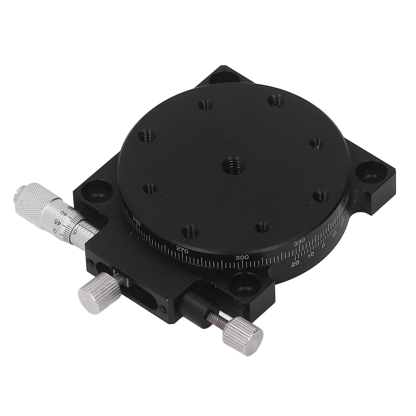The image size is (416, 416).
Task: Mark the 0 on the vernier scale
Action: coord(323,245)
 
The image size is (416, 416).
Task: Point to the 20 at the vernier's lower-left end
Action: coord(295,264)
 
